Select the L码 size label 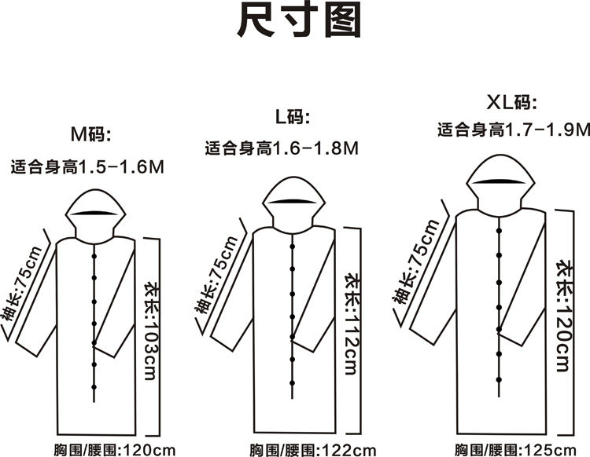click(x=293, y=118)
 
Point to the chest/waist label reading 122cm click(x=314, y=450)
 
